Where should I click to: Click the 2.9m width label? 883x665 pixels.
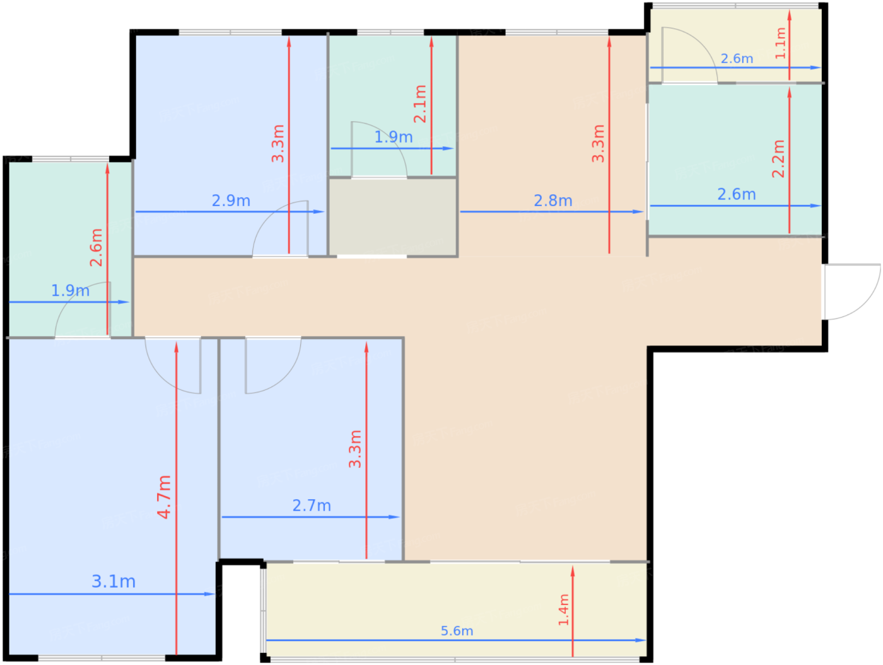[x=231, y=200]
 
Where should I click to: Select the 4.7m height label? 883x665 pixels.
[x=164, y=497]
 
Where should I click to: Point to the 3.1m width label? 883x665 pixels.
[x=114, y=582]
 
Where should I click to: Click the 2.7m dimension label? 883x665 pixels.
[x=312, y=506]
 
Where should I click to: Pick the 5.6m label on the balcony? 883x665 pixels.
[x=457, y=631]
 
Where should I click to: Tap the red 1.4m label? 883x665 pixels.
[x=563, y=610]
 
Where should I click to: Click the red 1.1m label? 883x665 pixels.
[x=780, y=43]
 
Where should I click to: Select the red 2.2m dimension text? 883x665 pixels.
[x=778, y=159]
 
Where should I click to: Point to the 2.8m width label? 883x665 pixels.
[x=553, y=200]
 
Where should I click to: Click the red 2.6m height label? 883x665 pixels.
[x=96, y=248]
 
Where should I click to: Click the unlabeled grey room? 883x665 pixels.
[x=392, y=216]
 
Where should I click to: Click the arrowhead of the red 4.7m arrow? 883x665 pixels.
[x=176, y=347]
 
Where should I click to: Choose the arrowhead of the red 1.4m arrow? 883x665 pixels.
[x=573, y=571]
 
